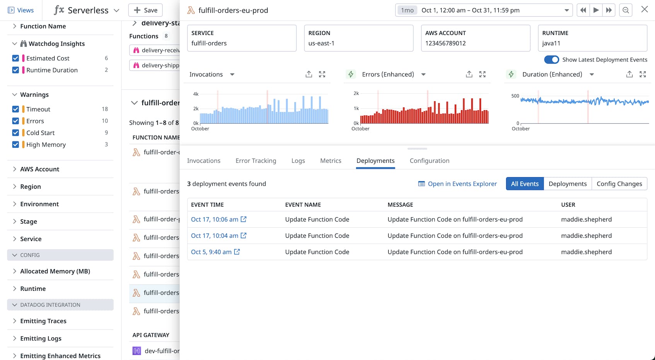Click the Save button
click(x=145, y=10)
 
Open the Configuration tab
click(x=429, y=160)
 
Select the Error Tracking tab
click(x=256, y=160)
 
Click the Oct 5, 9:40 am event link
click(x=211, y=252)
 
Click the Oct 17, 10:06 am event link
click(x=215, y=219)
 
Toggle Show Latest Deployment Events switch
click(x=551, y=60)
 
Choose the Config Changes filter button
click(x=619, y=184)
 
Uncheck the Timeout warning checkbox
click(x=15, y=109)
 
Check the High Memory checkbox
click(x=15, y=145)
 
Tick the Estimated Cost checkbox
click(x=15, y=58)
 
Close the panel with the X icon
click(x=644, y=10)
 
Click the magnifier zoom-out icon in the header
click(x=625, y=10)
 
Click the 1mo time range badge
click(x=407, y=10)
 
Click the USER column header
click(x=568, y=205)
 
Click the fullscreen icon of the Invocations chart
click(x=322, y=74)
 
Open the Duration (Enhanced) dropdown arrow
click(x=591, y=74)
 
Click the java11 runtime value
click(x=551, y=43)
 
